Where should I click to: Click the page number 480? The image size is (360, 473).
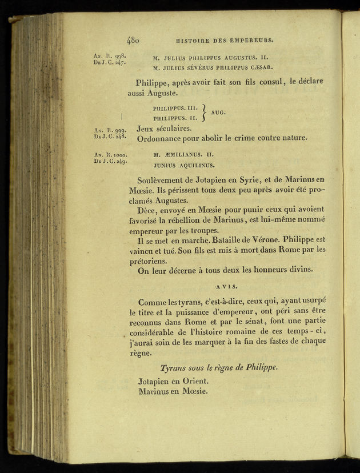click(133, 41)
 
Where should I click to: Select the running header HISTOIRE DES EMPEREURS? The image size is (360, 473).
click(225, 41)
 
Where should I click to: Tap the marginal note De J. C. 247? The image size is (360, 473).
click(109, 62)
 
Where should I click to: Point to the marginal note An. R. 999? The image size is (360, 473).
click(110, 130)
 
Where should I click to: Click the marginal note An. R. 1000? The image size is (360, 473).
click(111, 154)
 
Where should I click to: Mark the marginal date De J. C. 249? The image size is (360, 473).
click(110, 161)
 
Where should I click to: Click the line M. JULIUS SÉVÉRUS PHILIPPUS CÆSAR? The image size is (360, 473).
click(213, 68)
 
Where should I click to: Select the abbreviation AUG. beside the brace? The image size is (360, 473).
click(218, 113)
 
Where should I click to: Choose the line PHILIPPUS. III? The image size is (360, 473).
click(175, 107)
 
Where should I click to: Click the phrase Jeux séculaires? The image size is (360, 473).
click(164, 129)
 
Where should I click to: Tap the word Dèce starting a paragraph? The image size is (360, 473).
click(147, 210)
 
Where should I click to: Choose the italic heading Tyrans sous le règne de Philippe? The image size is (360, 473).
click(219, 368)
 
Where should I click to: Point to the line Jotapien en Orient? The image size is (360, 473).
click(173, 381)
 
